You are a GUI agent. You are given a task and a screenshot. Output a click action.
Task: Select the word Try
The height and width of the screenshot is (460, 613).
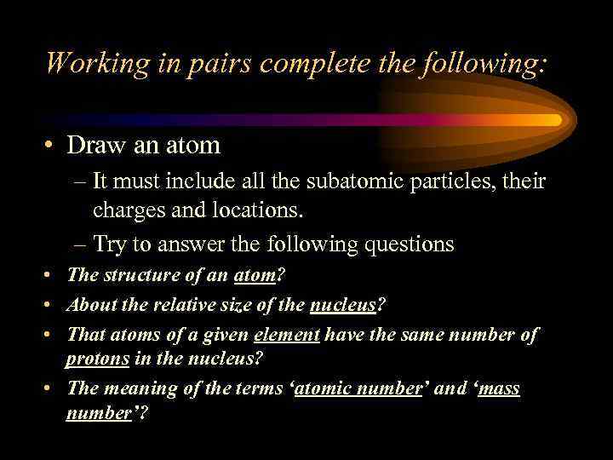(110, 245)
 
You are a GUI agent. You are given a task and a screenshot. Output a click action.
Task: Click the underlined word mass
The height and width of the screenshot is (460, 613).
(500, 389)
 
